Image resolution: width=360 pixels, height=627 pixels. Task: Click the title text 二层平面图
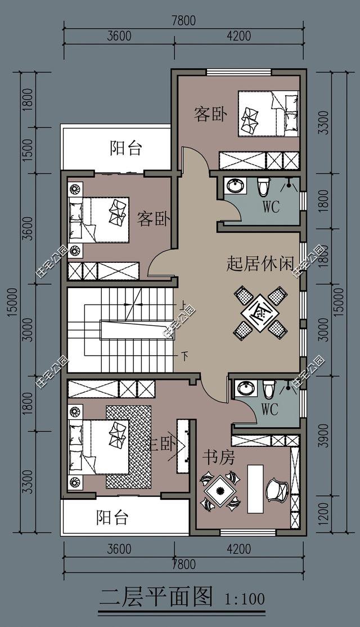point(156,596)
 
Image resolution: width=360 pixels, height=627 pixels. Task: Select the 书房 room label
point(218,458)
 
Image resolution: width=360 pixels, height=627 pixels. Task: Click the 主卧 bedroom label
point(164,445)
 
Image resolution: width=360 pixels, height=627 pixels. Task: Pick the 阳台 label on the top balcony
point(125,149)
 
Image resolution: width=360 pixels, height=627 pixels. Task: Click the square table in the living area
point(260,312)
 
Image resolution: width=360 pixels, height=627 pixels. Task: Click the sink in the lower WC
point(245,388)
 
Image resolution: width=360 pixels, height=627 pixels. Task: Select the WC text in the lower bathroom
point(269,410)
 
